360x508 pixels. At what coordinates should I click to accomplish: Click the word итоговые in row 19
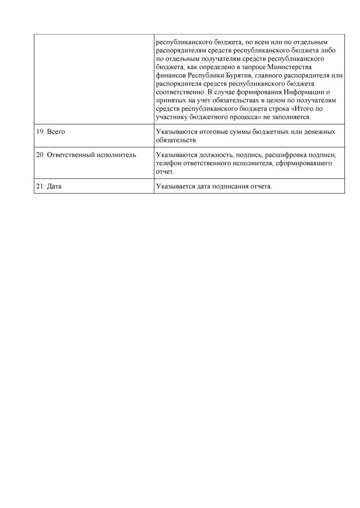(213, 131)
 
